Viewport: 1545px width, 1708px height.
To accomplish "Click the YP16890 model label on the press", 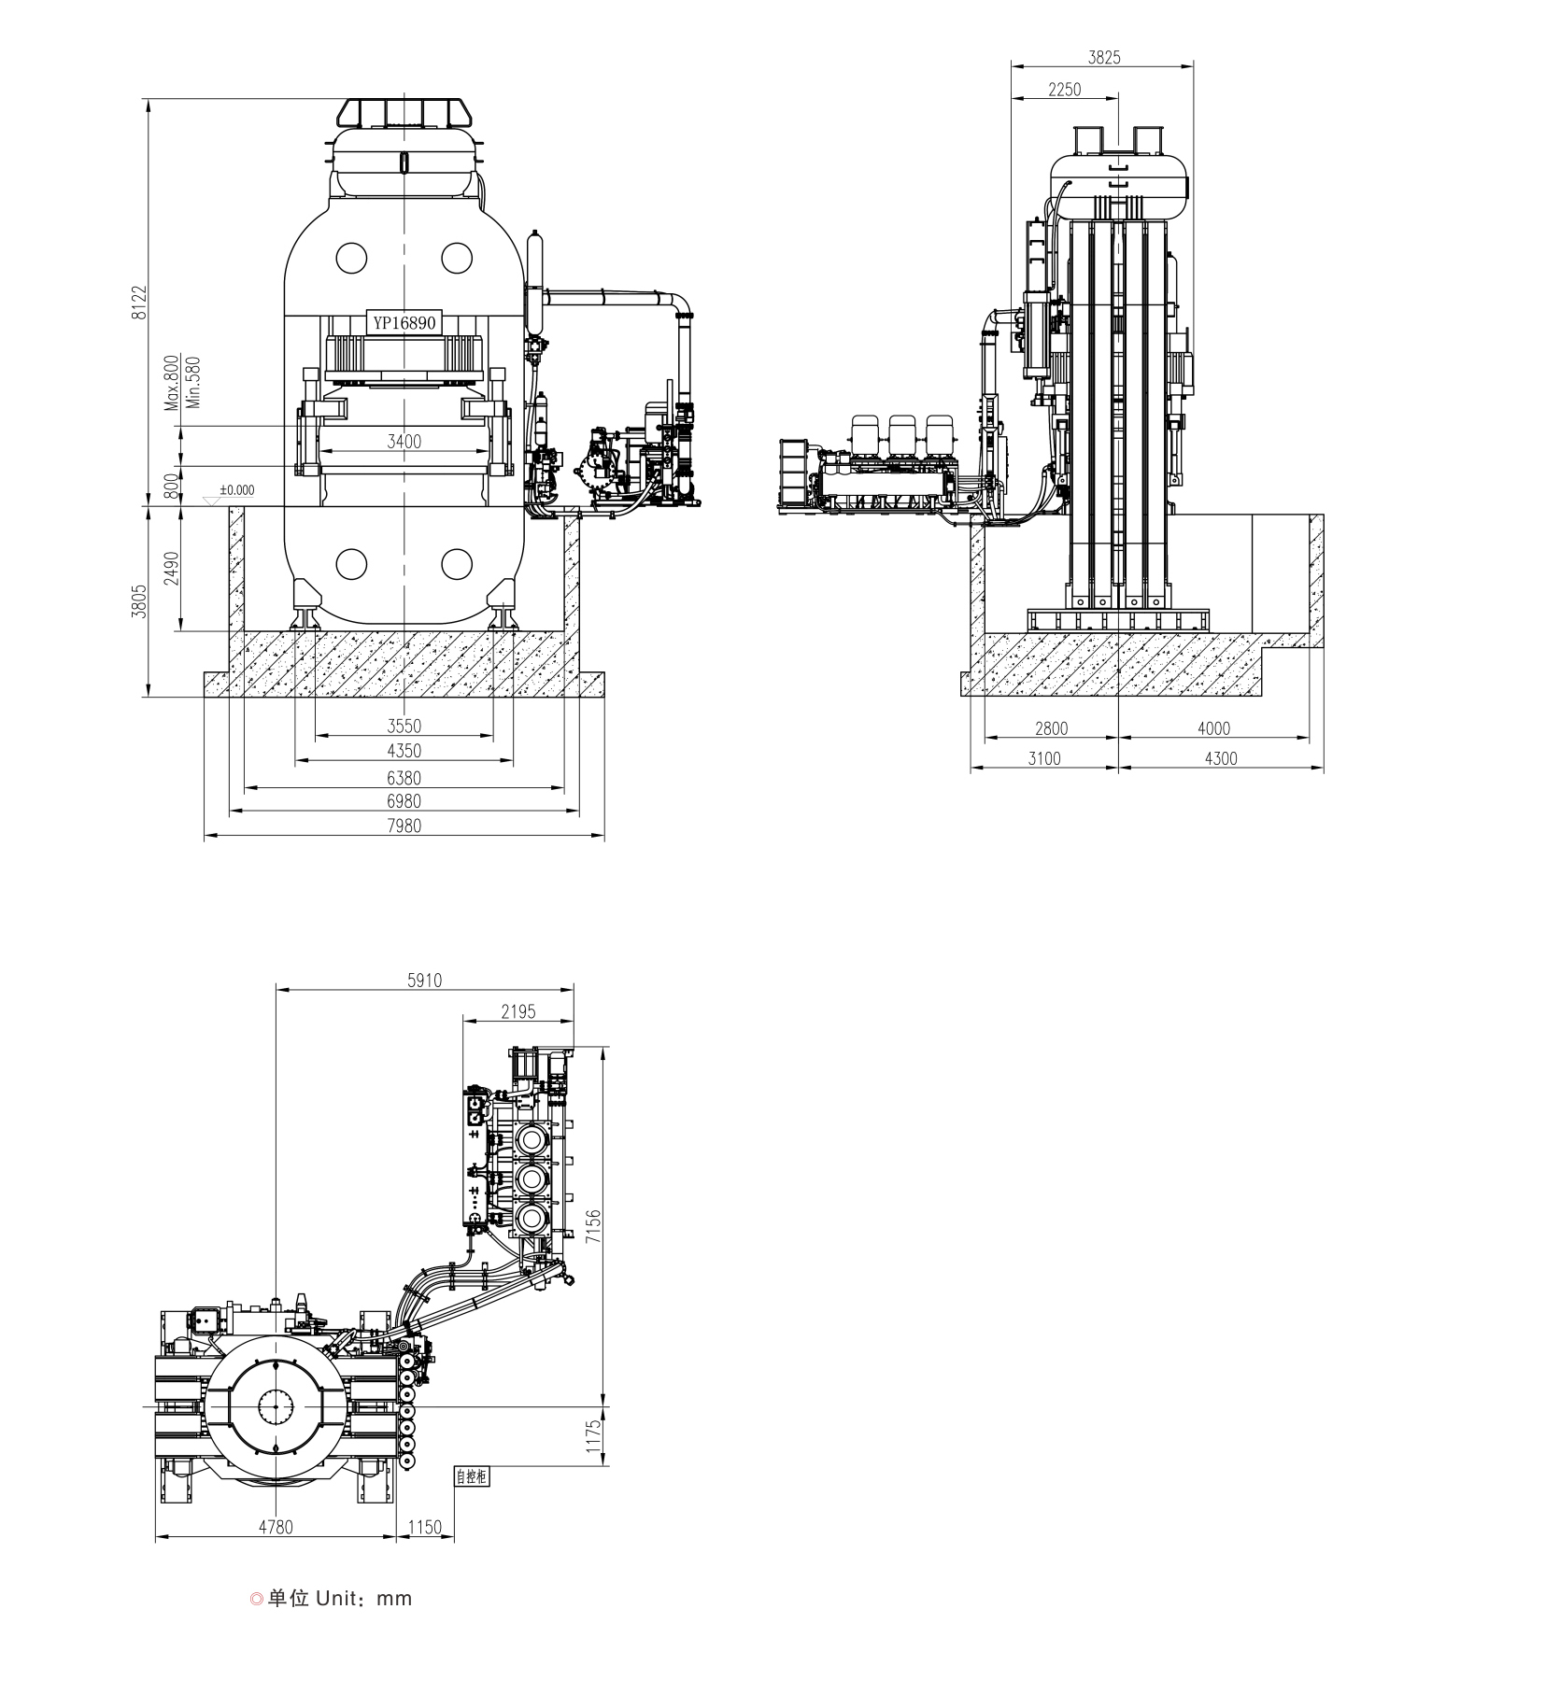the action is click(404, 323).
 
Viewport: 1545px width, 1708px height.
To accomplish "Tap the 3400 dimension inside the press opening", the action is click(404, 441).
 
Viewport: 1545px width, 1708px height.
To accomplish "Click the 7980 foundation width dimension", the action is click(404, 826).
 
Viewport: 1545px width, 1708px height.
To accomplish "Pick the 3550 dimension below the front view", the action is click(404, 726).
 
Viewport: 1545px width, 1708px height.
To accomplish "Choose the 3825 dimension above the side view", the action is click(1103, 57).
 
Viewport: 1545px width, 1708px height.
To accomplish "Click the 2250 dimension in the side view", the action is click(1064, 90).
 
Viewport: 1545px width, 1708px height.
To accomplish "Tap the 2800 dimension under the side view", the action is click(1050, 728).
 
